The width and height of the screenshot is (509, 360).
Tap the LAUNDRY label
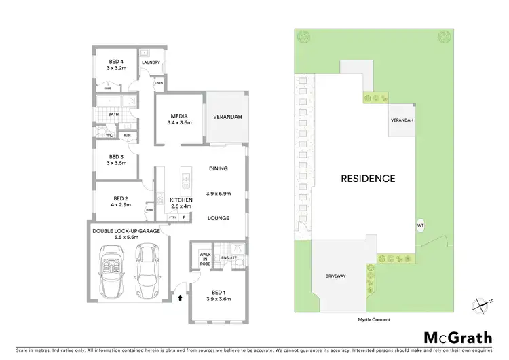[x=151, y=63]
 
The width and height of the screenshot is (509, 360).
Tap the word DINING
[x=219, y=168]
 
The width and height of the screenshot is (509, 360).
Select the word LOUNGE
[x=219, y=218]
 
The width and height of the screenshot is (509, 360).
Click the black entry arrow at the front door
[x=180, y=297]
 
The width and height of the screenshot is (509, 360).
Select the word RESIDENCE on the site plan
[x=367, y=179]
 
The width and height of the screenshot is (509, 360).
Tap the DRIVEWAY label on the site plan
[x=335, y=276]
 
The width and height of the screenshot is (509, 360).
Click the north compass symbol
[x=481, y=305]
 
